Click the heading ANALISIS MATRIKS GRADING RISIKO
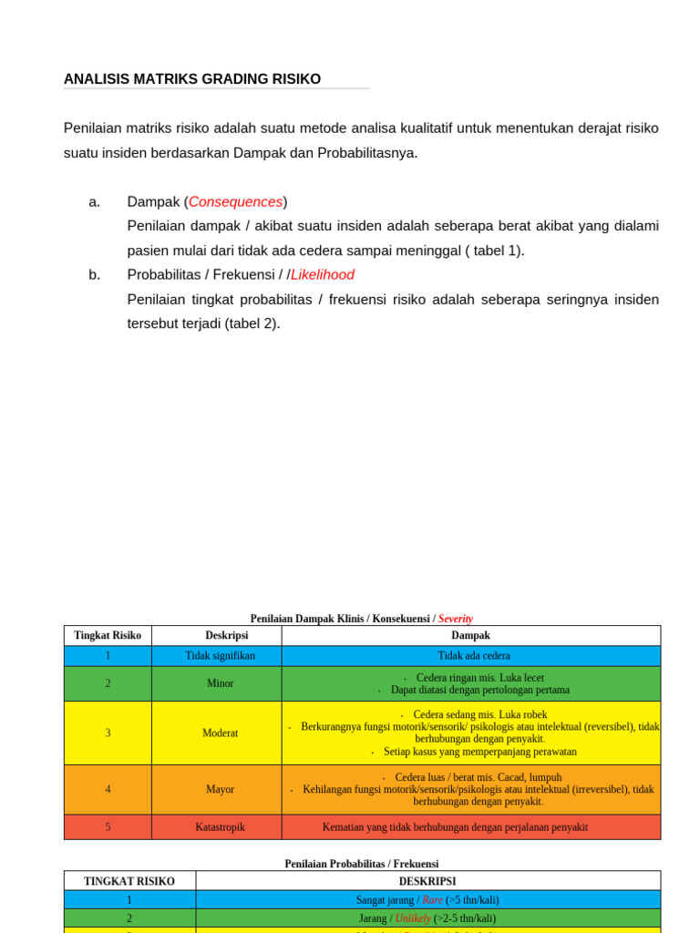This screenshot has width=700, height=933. coord(192,79)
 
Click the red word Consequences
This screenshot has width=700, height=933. coord(235,201)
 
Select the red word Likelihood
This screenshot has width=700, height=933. coord(323,274)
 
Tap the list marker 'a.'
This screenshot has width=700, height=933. coord(95,201)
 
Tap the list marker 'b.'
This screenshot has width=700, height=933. coord(95,274)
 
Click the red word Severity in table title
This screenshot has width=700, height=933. coord(456,619)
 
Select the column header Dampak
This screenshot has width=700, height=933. coord(470,635)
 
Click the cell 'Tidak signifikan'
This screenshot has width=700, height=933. coord(220,655)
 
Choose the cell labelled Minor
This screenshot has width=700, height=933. coord(220,683)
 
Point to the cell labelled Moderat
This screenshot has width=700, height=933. coord(220,733)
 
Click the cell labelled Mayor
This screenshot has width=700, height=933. coord(220,789)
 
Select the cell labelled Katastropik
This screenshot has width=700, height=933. coord(220,827)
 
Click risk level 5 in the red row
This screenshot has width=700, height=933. coord(108,827)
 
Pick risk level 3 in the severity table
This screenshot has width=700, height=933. coord(108,733)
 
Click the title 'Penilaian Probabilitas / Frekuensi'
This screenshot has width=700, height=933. coord(361,863)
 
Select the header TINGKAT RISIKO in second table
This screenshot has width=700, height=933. coord(129,881)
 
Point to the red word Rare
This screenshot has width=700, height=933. coord(432,899)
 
